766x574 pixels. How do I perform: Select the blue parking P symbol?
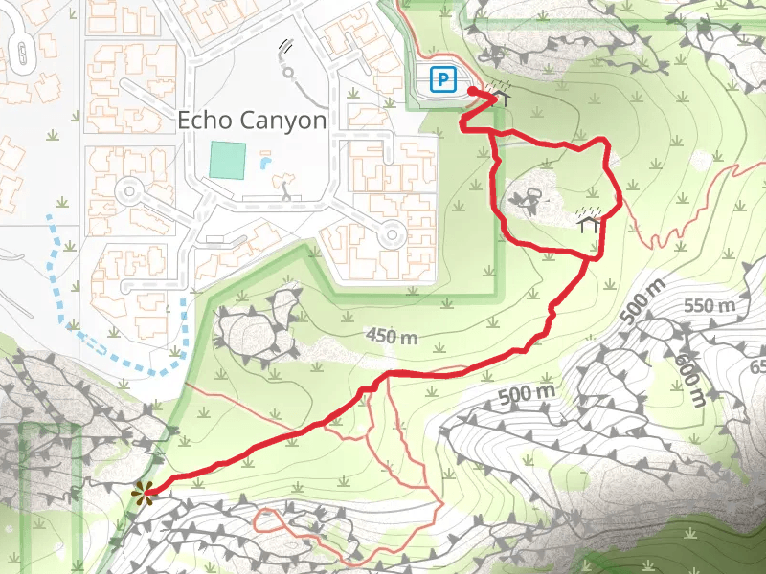(x=442, y=80)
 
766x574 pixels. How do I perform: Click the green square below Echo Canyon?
(x=227, y=160)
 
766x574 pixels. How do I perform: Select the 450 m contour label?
(x=393, y=336)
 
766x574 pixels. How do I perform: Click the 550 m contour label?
(x=710, y=306)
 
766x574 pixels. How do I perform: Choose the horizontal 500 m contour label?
(x=527, y=392)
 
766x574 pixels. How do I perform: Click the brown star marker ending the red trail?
(x=143, y=494)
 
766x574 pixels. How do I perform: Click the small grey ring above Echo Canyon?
(x=287, y=71)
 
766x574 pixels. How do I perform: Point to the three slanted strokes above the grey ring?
(x=285, y=45)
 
